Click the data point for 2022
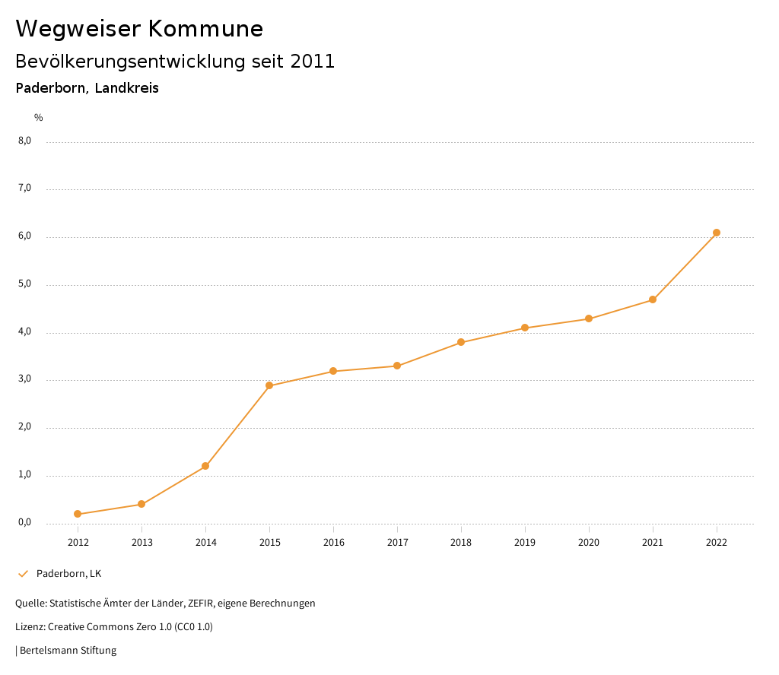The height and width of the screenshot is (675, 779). pyautogui.click(x=717, y=233)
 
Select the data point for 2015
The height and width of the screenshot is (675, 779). pyautogui.click(x=269, y=385)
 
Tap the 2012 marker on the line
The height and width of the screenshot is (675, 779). pyautogui.click(x=78, y=514)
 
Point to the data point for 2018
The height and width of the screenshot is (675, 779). pyautogui.click(x=461, y=342)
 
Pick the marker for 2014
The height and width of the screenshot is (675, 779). pyautogui.click(x=205, y=466)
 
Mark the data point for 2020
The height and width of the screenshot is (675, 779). pyautogui.click(x=589, y=318)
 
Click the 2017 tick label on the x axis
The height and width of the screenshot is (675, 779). pyautogui.click(x=397, y=543)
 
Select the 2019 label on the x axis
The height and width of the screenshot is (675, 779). pyautogui.click(x=525, y=543)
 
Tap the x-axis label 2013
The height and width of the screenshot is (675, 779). pyautogui.click(x=141, y=543)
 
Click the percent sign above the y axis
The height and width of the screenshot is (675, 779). pyautogui.click(x=39, y=118)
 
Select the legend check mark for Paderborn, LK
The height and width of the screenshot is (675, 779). pyautogui.click(x=23, y=574)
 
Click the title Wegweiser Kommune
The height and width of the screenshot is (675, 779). pyautogui.click(x=139, y=29)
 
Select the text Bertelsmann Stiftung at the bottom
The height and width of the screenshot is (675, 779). pyautogui.click(x=68, y=651)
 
